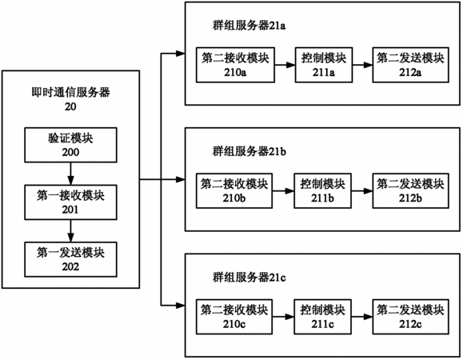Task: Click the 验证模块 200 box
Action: pyautogui.click(x=70, y=145)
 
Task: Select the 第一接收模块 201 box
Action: pyautogui.click(x=70, y=202)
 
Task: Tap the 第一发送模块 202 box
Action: pyautogui.click(x=70, y=259)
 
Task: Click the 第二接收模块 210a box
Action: pyautogui.click(x=235, y=65)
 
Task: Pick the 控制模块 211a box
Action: pyautogui.click(x=324, y=65)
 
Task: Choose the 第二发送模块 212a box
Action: pyautogui.click(x=411, y=65)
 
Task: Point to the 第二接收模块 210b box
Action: pyautogui.click(x=234, y=190)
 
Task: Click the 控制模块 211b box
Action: pyautogui.click(x=322, y=190)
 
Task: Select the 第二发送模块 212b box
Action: pyautogui.click(x=411, y=190)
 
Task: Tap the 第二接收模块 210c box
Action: pyautogui.click(x=234, y=317)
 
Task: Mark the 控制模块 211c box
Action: pyautogui.click(x=322, y=317)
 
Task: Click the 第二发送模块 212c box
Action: pyautogui.click(x=411, y=317)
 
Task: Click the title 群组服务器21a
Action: pyautogui.click(x=249, y=26)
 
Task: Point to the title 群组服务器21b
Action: pyautogui.click(x=249, y=151)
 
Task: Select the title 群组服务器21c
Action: pyautogui.click(x=249, y=278)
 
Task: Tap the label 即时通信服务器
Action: pyautogui.click(x=71, y=93)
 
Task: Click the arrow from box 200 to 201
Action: pyautogui.click(x=70, y=174)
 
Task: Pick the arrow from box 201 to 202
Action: pyautogui.click(x=70, y=231)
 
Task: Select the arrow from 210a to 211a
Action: pyautogui.click(x=285, y=65)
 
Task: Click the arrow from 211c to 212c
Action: pyautogui.click(x=362, y=317)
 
